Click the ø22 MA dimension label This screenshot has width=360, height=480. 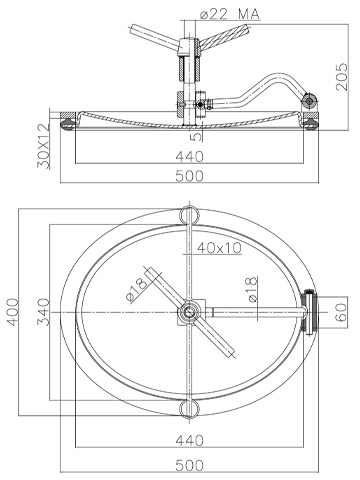tap(230, 14)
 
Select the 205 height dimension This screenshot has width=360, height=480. tap(342, 77)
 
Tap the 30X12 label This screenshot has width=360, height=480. tap(43, 146)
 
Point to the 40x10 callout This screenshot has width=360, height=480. tap(219, 248)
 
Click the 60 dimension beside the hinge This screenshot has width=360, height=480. tap(341, 312)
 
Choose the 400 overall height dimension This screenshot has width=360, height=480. tap(13, 312)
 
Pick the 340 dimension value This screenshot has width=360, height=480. tap(43, 312)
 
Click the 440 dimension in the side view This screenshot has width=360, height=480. tap(189, 156)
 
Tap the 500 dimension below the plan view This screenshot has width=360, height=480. tap(189, 465)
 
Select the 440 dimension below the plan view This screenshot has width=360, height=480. tap(189, 441)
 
